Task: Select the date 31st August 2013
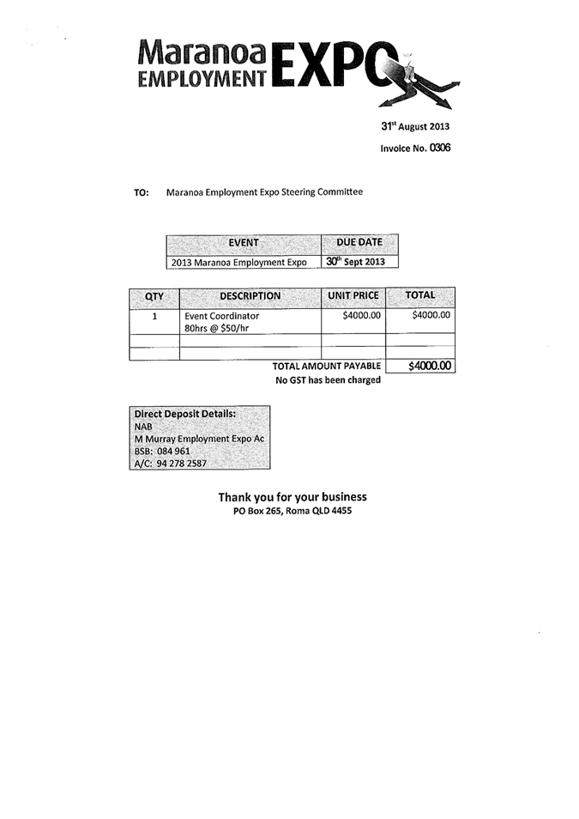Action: click(415, 126)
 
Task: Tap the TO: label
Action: click(142, 192)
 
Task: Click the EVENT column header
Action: click(244, 243)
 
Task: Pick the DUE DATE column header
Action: click(359, 243)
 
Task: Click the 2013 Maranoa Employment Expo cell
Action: click(238, 262)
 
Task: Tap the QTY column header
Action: click(154, 296)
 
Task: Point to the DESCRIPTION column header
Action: click(250, 296)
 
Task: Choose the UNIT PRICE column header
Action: click(353, 296)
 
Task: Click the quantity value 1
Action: click(154, 316)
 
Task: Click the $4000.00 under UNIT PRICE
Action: click(361, 316)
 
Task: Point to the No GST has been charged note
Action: click(328, 380)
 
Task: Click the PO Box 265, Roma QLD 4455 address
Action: click(292, 511)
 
